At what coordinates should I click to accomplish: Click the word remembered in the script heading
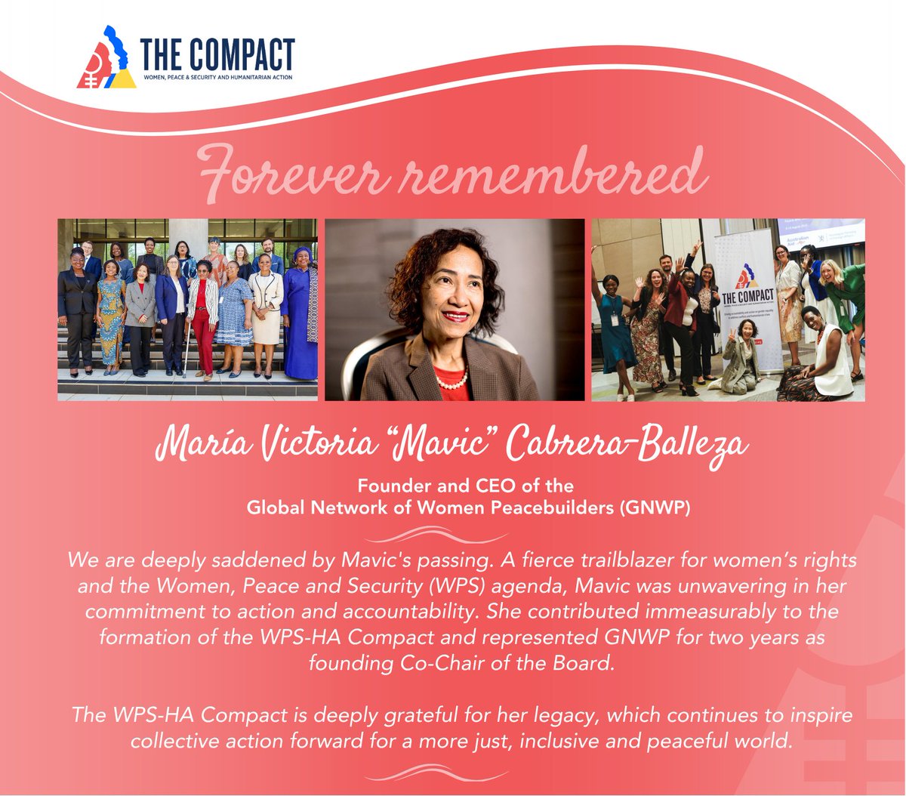[544, 173]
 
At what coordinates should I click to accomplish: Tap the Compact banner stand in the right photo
[747, 302]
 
